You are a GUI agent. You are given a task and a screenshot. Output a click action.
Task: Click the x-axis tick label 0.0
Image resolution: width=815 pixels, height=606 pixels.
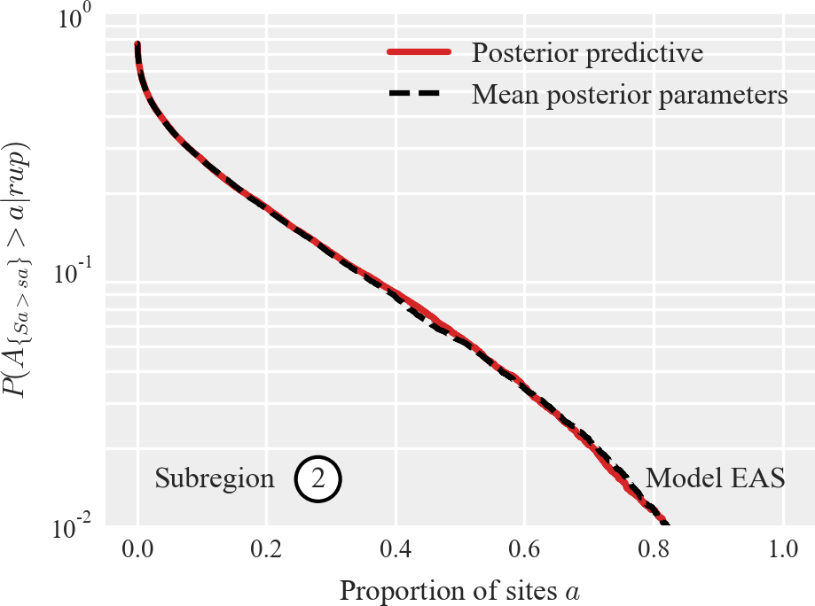tap(137, 548)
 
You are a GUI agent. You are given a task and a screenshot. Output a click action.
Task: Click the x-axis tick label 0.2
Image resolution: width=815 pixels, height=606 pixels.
tap(267, 548)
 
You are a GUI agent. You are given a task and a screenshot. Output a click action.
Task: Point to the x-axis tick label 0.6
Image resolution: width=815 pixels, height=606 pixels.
tap(525, 548)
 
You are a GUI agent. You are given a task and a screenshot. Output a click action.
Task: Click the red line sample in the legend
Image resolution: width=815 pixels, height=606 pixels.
tap(419, 53)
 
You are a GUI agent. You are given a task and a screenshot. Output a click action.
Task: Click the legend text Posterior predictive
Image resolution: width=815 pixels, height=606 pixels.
tap(587, 53)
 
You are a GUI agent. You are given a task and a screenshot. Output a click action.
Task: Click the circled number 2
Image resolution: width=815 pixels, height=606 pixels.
tap(319, 478)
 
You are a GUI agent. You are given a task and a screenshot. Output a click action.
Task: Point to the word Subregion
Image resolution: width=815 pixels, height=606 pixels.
tap(215, 478)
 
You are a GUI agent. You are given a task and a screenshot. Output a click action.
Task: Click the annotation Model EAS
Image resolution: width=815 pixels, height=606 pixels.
tap(715, 478)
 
